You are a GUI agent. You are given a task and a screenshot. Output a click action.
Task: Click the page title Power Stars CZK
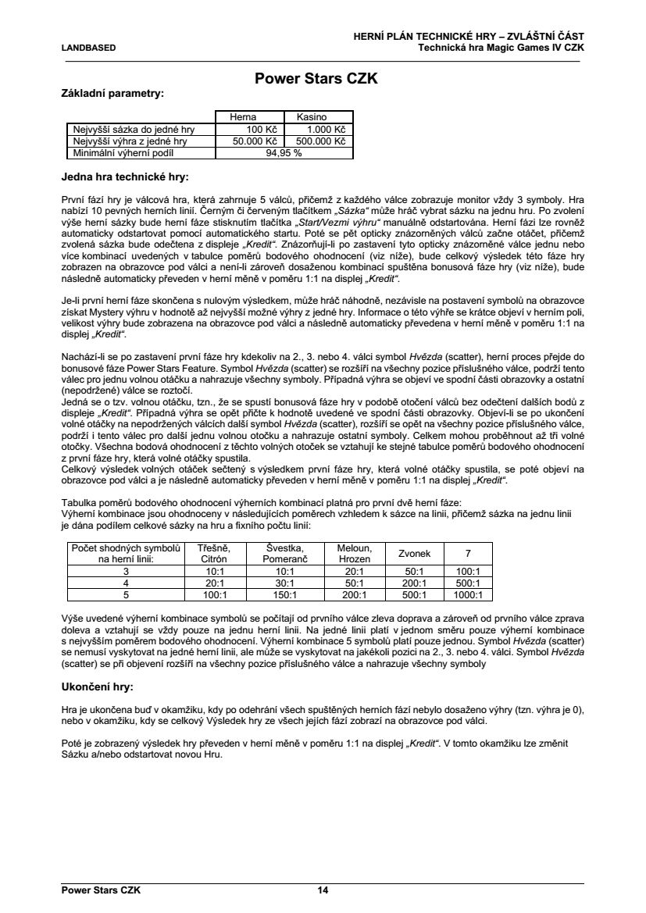coord(323,79)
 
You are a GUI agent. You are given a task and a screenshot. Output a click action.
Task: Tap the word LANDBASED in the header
coord(88,48)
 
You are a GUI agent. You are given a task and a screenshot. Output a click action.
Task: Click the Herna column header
coord(242,116)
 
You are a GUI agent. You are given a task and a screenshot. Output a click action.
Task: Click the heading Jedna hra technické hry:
coord(125,177)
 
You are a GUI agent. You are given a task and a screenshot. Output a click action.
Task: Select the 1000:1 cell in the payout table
coord(468,594)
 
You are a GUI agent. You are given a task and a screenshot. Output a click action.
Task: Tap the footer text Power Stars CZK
coord(101,890)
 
